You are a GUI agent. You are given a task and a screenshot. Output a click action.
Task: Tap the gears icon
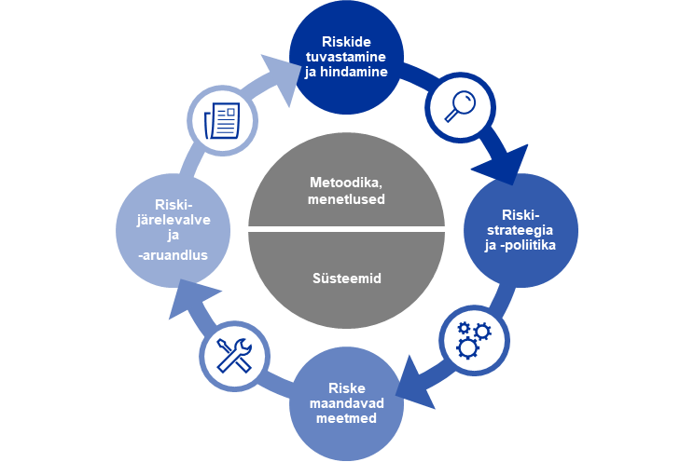[x=473, y=337]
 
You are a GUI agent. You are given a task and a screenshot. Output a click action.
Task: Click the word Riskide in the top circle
[x=345, y=42]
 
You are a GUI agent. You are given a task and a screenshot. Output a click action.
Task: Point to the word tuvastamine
[x=345, y=56]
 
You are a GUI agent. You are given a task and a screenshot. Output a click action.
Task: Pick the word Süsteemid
[x=347, y=278]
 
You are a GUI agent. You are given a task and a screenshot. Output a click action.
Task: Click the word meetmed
[x=345, y=419]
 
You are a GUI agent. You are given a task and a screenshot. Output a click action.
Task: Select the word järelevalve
[x=170, y=220]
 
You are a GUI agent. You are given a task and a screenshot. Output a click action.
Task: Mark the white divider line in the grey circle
[x=347, y=229]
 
